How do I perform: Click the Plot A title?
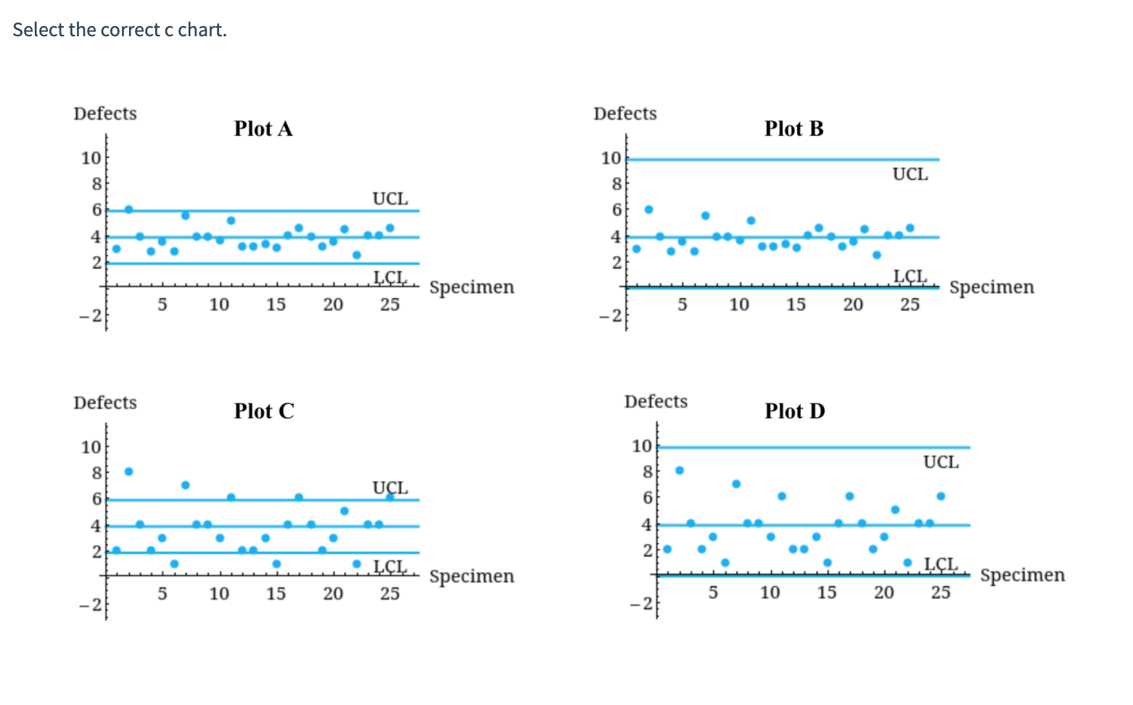coord(263,128)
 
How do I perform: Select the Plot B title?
coord(794,128)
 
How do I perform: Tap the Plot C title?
coord(264,411)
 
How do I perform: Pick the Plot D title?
coord(795,411)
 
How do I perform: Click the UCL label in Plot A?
coord(390,199)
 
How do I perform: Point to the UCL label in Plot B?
coord(910,174)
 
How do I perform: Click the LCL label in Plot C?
coord(390,566)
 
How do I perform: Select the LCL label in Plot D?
coord(940,564)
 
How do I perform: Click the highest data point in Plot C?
coord(128,471)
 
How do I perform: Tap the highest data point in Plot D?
coord(680,470)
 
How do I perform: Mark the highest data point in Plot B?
coord(648,210)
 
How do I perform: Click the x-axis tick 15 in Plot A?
coord(276,305)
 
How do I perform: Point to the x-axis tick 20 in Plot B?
coord(853,305)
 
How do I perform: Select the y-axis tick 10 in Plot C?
coord(91,447)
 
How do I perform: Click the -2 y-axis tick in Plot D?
coord(643,603)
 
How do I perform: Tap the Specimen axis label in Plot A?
coord(471,287)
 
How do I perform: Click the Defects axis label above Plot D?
coord(656,402)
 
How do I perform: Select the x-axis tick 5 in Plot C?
coord(162,593)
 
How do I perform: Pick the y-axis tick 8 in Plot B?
coord(616,184)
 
